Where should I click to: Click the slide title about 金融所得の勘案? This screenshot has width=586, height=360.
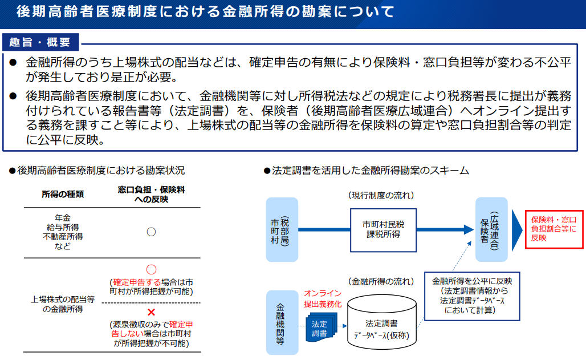pos(205,11)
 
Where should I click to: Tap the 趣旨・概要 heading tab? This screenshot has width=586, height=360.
pos(40,42)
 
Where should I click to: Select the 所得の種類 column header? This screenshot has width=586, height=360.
pos(63,194)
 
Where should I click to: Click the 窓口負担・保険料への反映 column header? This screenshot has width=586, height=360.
pos(151,194)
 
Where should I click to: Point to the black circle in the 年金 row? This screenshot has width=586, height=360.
pos(151,232)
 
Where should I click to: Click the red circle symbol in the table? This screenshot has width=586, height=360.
pos(151,269)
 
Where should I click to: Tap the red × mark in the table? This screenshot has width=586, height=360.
pos(151,312)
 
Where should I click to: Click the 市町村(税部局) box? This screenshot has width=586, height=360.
pos(282,229)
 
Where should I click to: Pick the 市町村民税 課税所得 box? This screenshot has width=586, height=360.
pos(384,229)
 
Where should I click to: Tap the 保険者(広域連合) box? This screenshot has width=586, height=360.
pos(491,229)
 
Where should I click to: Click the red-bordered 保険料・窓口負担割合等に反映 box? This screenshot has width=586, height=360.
pos(554,229)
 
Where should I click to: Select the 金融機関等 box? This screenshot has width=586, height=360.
pos(282,322)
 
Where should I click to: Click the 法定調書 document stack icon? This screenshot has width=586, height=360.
pos(319,327)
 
